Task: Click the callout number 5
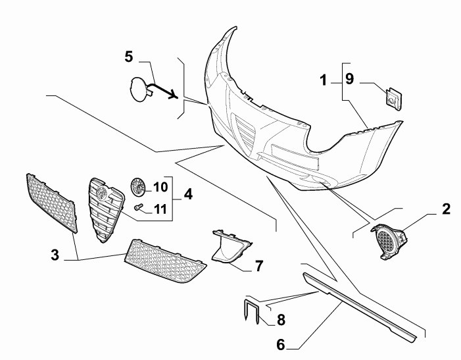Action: pos(129,57)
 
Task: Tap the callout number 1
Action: pos(324,80)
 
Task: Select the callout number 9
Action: pos(349,79)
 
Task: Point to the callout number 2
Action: pos(446,209)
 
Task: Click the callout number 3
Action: pos(55,255)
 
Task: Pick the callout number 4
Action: pos(188,194)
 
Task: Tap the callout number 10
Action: pos(160,187)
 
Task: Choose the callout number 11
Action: pos(160,209)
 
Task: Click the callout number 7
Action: pos(258,266)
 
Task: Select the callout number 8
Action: pos(281,320)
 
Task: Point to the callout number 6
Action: pos(281,344)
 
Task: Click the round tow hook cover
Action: pos(141,90)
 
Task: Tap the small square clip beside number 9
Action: pos(394,98)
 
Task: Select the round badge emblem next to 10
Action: pos(138,186)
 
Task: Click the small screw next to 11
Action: pos(138,207)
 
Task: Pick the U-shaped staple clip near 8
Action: pos(252,311)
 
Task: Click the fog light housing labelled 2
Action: pos(389,242)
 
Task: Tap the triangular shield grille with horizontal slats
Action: pos(106,209)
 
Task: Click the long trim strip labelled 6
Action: pos(360,307)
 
